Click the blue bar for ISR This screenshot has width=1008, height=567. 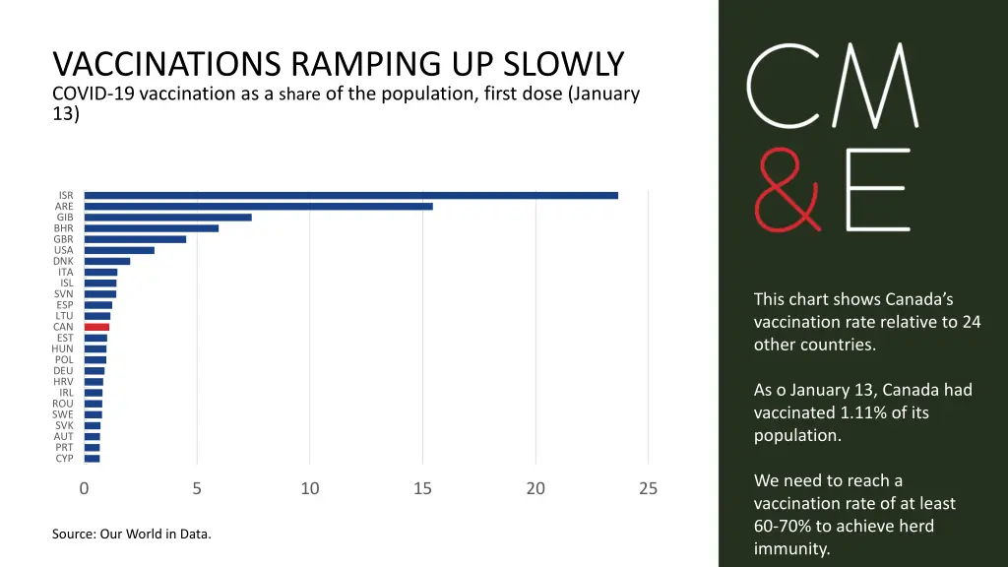pyautogui.click(x=351, y=195)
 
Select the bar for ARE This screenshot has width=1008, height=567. pyautogui.click(x=259, y=206)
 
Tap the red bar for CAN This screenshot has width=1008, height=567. pyautogui.click(x=96, y=327)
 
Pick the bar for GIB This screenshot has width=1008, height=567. pyautogui.click(x=168, y=217)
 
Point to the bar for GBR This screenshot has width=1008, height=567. pyautogui.click(x=135, y=239)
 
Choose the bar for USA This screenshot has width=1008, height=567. pyautogui.click(x=119, y=250)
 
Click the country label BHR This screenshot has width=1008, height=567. pyautogui.click(x=64, y=228)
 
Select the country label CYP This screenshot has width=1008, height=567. pyautogui.click(x=64, y=459)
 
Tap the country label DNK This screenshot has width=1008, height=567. pyautogui.click(x=64, y=261)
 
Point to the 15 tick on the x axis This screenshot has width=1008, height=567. pyautogui.click(x=422, y=488)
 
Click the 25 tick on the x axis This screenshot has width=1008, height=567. pyautogui.click(x=648, y=488)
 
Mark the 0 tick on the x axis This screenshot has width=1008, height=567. pyautogui.click(x=85, y=488)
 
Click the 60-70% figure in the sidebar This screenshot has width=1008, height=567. pyautogui.click(x=787, y=526)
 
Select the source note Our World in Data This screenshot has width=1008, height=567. pyautogui.click(x=156, y=535)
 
